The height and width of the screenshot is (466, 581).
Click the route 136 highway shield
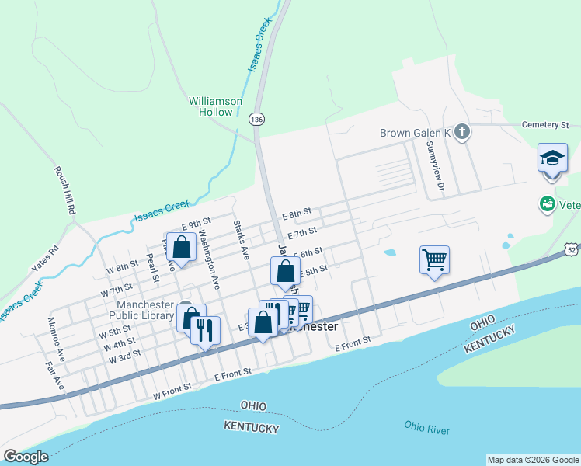coord(256,119)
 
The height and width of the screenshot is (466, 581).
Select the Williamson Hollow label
coord(216,106)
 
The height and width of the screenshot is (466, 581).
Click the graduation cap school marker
coord(552,158)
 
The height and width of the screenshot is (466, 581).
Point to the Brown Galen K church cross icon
coord(462,132)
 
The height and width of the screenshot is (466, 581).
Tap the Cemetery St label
coord(545,124)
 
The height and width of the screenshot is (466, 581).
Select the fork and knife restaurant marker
coord(205,330)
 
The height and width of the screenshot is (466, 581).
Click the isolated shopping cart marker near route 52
coord(434,259)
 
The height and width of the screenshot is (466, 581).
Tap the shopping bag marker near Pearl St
coord(181,248)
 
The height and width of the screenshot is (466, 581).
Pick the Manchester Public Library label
coord(145,310)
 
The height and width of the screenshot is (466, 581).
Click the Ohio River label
coord(426,427)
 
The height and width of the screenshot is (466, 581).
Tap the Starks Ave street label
coord(241,239)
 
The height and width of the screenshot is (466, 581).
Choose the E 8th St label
coord(296,213)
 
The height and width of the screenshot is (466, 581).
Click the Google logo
coord(26,457)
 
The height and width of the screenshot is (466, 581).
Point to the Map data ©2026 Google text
coord(532,460)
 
